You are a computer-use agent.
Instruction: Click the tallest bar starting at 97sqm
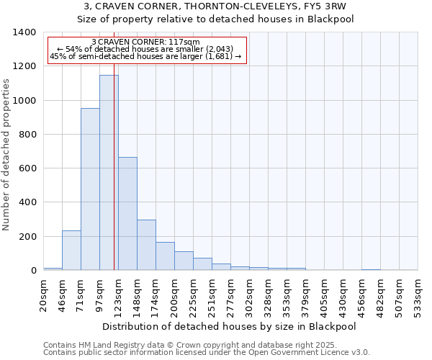[109, 173]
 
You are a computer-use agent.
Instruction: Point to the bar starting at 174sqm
[165, 256]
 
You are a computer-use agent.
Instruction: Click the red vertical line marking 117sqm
[114, 180]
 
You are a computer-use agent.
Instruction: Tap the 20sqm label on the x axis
[44, 295]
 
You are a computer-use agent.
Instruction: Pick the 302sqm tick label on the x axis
[249, 295]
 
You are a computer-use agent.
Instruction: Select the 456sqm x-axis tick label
[361, 295]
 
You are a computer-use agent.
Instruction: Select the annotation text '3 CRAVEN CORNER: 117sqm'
[146, 42]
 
